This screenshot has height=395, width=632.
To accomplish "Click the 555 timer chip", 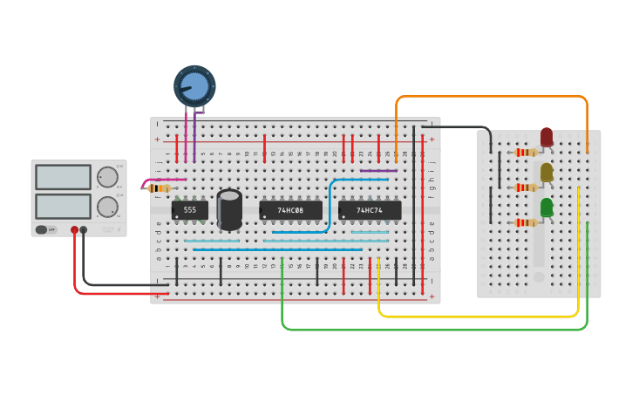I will [190, 210].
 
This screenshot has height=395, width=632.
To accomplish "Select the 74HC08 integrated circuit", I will [290, 210].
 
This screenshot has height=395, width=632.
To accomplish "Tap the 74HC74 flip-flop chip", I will [370, 210].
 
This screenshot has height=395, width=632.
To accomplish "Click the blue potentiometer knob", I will [194, 85].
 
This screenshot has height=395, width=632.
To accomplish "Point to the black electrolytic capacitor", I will [229, 209].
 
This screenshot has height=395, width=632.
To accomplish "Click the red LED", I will [547, 137].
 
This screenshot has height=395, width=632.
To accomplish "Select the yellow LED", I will [547, 173].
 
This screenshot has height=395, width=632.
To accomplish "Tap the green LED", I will [547, 208].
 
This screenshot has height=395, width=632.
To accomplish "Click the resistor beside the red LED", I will [526, 153].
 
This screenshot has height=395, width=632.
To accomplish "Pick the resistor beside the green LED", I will [526, 222].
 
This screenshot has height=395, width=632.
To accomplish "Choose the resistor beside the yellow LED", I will [526, 187].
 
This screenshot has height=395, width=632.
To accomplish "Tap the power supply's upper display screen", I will [63, 177].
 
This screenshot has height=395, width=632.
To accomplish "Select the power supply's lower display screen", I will [63, 206].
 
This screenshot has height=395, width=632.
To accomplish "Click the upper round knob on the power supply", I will [107, 177].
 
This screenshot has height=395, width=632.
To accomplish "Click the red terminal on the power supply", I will [75, 230].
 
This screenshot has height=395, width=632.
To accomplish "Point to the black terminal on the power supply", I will [84, 230].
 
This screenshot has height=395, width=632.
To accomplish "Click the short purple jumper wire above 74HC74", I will [378, 171].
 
